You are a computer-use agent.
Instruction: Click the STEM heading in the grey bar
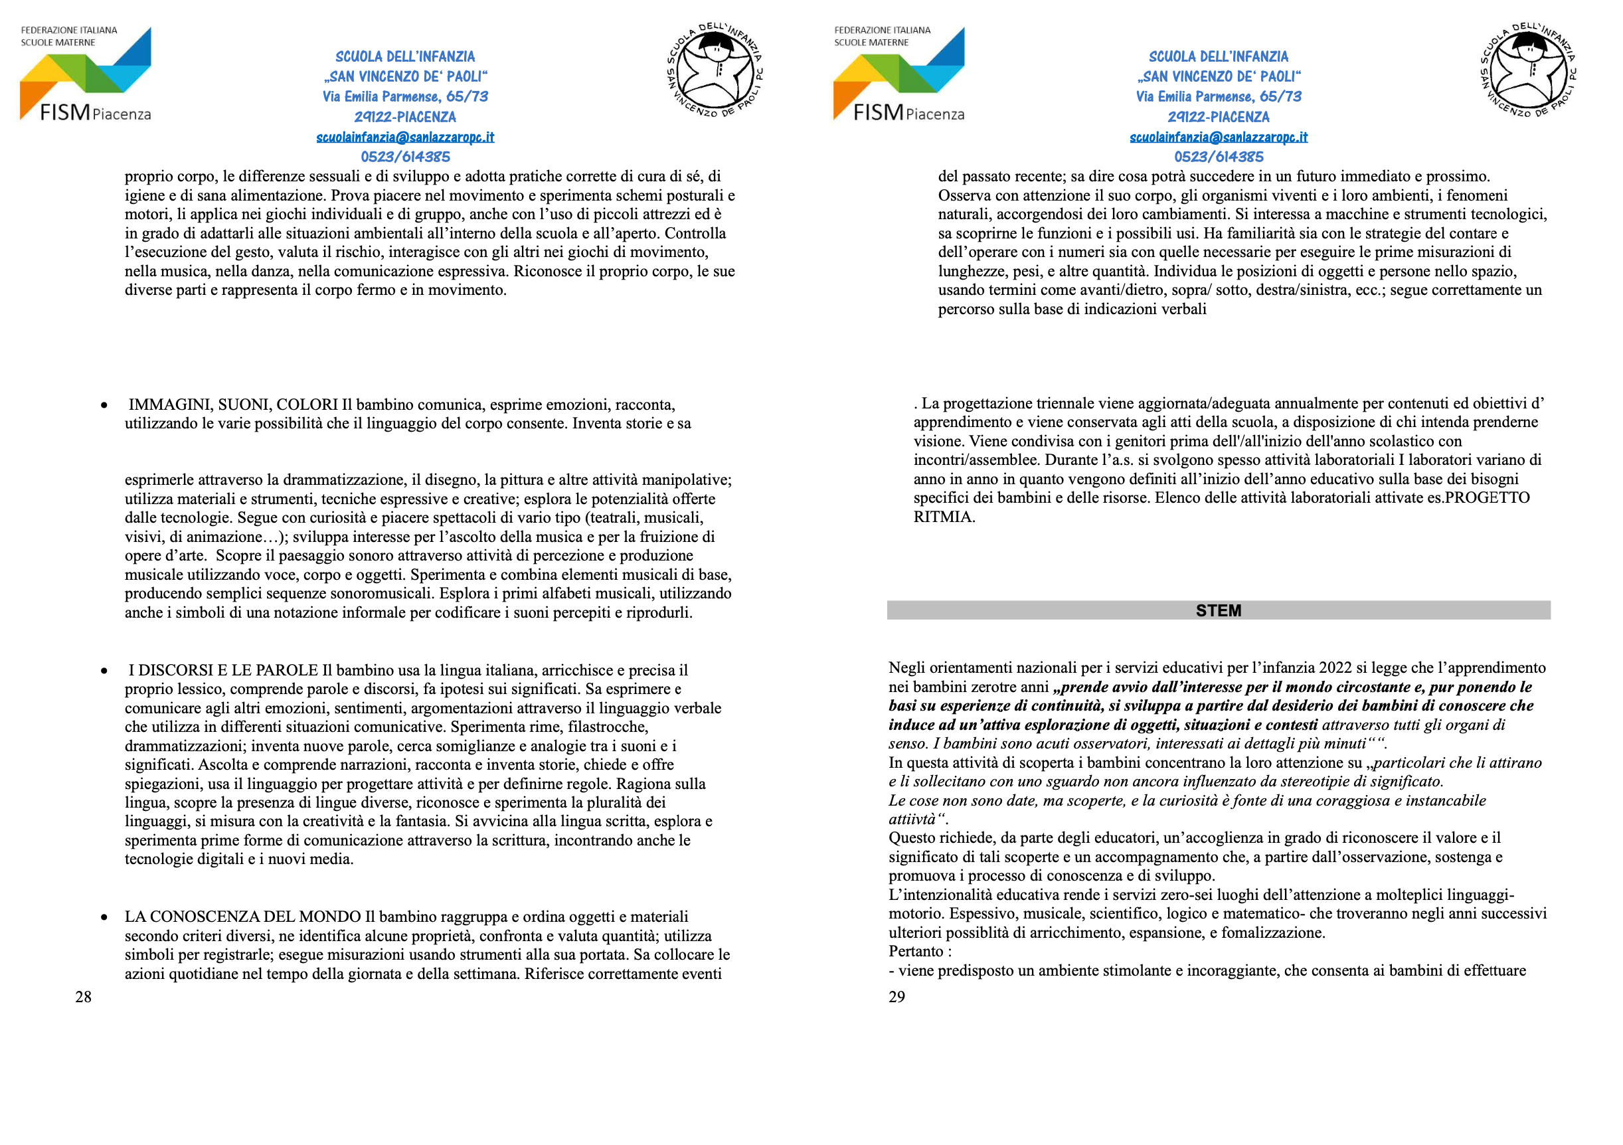(1218, 610)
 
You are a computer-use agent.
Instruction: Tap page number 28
(84, 997)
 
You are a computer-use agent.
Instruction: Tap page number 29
(897, 997)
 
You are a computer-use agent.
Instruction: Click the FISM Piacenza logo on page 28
(86, 74)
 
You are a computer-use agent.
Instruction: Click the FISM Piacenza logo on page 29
(898, 74)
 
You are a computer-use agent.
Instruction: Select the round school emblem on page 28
(715, 70)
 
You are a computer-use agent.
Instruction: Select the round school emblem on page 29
(1528, 70)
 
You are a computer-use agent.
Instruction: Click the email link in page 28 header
(405, 137)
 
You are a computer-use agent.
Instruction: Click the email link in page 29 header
(1218, 137)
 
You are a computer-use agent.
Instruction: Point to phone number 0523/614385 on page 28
(405, 157)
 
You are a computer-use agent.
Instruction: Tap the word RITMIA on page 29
(944, 517)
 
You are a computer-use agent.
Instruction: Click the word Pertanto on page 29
(915, 951)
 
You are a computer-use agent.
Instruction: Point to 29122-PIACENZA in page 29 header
(1218, 117)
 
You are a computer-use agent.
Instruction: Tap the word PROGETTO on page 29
(1488, 497)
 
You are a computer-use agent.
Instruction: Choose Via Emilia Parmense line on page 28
(405, 96)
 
